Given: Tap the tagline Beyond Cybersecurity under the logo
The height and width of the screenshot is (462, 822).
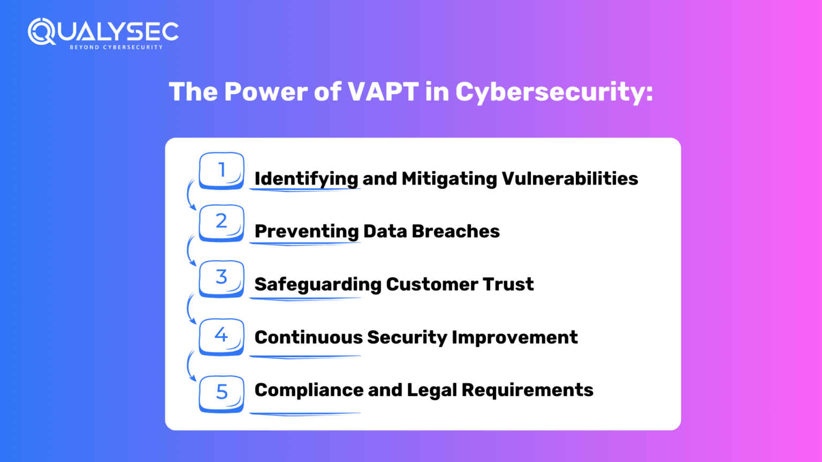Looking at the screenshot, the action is [116, 47].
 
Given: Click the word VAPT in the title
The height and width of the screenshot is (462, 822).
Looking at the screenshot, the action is [383, 91].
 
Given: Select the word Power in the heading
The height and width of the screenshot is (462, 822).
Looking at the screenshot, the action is [265, 91].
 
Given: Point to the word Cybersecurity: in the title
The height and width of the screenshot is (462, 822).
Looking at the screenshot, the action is [554, 93].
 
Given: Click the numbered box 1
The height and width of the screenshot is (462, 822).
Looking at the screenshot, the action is [221, 171].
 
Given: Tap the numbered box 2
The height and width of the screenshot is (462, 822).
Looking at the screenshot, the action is [221, 223].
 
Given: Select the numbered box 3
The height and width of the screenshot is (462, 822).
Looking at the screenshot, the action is [221, 279].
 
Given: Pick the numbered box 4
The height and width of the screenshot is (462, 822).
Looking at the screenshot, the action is [221, 336].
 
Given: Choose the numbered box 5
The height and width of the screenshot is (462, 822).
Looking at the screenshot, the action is [221, 394].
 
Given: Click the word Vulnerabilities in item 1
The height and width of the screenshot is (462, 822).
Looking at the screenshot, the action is [570, 179].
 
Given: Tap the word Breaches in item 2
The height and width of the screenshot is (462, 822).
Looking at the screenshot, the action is [455, 232].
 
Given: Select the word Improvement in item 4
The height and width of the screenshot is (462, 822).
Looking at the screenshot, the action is [514, 338].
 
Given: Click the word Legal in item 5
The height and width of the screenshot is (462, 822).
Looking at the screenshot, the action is [431, 390].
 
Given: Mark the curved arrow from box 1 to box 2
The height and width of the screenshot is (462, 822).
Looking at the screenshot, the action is [188, 194].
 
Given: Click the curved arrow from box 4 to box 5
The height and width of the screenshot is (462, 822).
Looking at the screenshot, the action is [188, 366].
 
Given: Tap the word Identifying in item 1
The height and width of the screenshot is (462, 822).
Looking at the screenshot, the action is [307, 179].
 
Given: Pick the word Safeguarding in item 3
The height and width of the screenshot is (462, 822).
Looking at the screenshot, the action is [318, 285].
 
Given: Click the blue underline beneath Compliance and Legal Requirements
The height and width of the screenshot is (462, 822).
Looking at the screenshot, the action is [305, 413].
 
